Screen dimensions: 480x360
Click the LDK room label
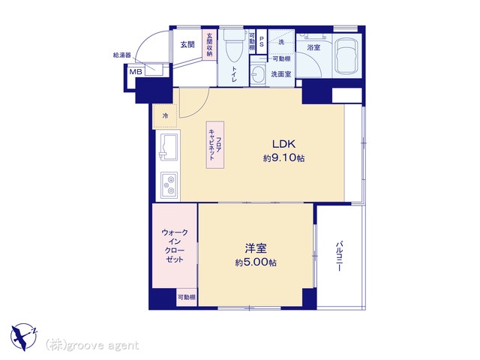[x=283, y=143]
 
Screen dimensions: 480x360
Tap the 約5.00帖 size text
[x=256, y=262]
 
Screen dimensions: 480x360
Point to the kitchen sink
[x=168, y=147]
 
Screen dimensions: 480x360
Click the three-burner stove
[x=169, y=184]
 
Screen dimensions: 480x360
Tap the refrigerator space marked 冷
[x=165, y=115]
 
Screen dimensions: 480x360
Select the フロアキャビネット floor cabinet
[x=215, y=145]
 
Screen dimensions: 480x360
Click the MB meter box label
[x=136, y=72]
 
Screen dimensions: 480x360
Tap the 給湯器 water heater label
[x=121, y=55]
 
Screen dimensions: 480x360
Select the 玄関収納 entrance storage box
[x=209, y=45]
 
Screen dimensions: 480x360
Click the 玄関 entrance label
[x=187, y=45]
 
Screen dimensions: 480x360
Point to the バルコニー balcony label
[x=339, y=256]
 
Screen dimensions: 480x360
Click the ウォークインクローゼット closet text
[x=175, y=246]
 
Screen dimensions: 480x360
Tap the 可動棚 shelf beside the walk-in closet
[x=187, y=297]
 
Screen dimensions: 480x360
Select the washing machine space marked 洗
[x=281, y=42]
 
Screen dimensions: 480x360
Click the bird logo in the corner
[x=23, y=337]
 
